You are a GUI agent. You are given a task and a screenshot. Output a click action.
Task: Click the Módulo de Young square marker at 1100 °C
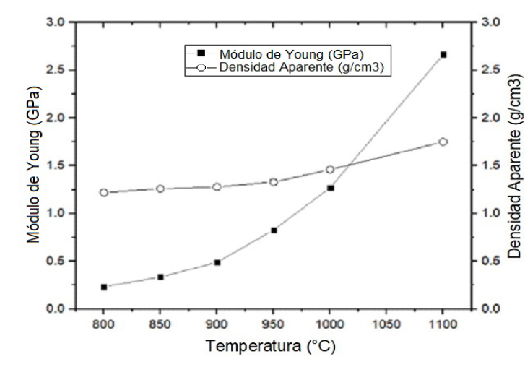(443, 54)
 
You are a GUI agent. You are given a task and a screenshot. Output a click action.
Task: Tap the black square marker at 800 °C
(104, 287)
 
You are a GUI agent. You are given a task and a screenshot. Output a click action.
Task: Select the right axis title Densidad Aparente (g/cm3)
(513, 165)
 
